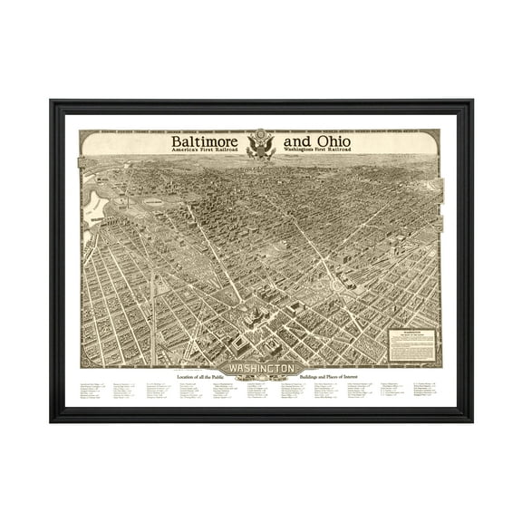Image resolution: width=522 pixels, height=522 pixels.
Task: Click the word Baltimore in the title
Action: coord(208,142)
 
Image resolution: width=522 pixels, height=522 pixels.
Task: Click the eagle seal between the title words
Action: coord(263,146)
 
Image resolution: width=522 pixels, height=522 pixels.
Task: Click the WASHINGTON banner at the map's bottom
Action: coord(261,369)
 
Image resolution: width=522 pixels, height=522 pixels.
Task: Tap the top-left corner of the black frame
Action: coord(51,101)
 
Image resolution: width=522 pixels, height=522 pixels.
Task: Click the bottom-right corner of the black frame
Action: coord(471,421)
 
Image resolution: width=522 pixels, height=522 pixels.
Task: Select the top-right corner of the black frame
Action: coord(471,101)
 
